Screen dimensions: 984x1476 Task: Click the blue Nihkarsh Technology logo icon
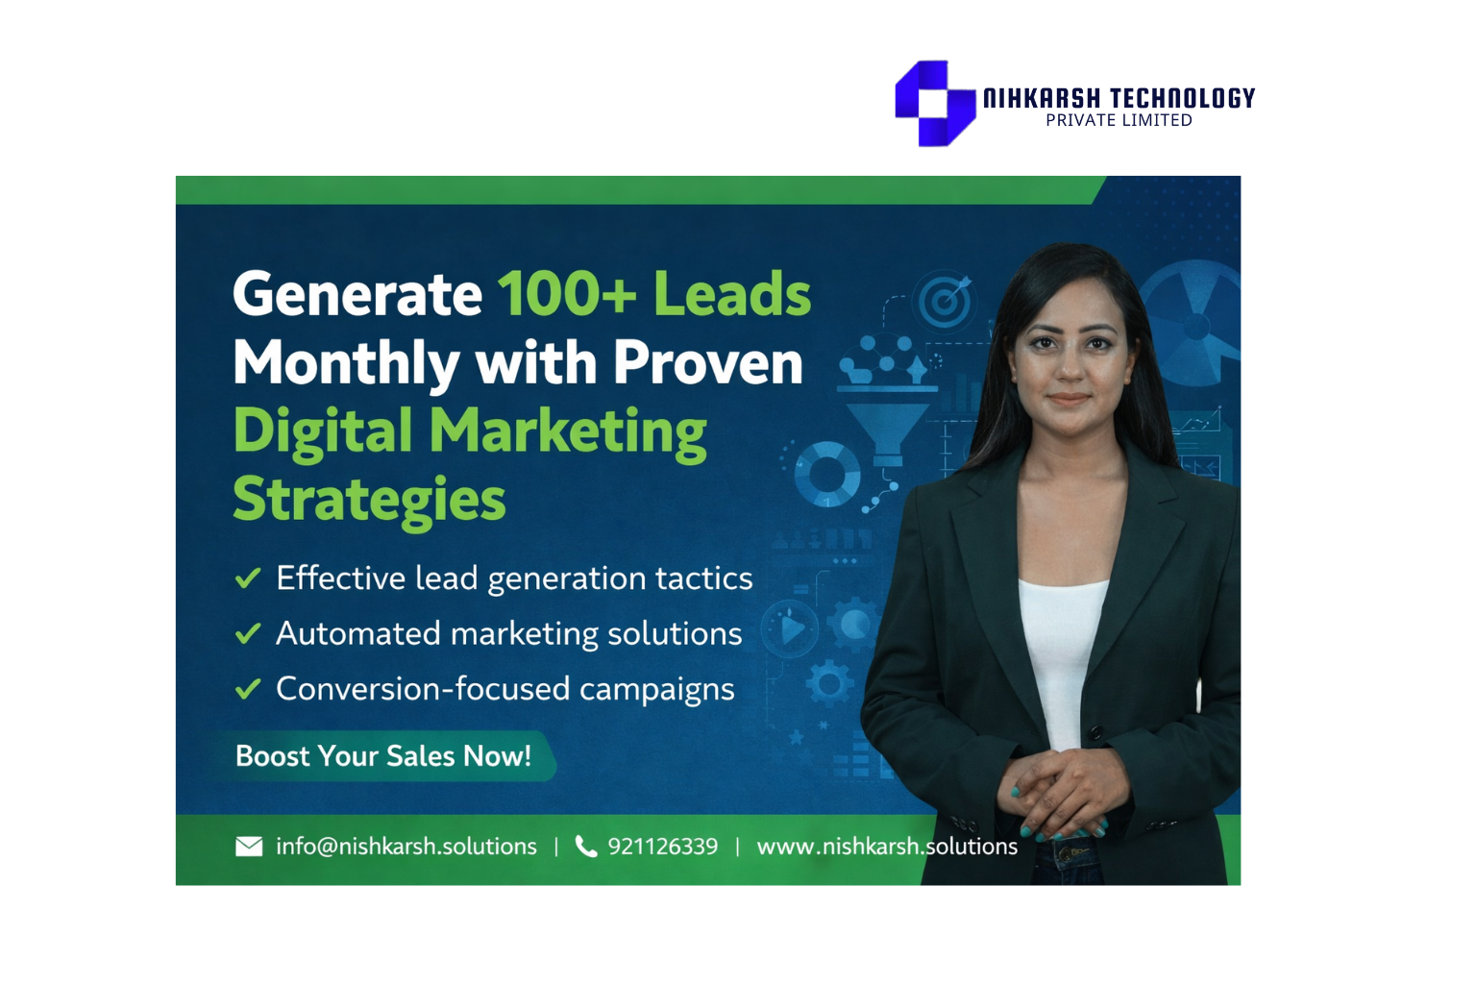934,103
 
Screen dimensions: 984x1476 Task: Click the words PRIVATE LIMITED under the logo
1119,121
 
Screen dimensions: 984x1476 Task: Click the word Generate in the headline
357,293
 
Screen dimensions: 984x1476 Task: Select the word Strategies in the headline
369,499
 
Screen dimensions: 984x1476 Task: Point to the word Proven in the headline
707,362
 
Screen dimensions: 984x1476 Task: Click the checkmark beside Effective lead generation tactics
248,578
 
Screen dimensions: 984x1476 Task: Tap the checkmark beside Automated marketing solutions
248,633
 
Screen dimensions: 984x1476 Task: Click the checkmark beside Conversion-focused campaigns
248,689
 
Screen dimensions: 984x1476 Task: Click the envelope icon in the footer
249,846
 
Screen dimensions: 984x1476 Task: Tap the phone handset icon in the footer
585,846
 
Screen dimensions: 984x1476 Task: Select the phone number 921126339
662,846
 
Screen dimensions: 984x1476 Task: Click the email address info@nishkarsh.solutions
406,846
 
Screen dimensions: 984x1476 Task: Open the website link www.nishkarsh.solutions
886,846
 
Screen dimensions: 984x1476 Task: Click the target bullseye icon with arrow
945,302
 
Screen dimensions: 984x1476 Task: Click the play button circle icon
791,629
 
